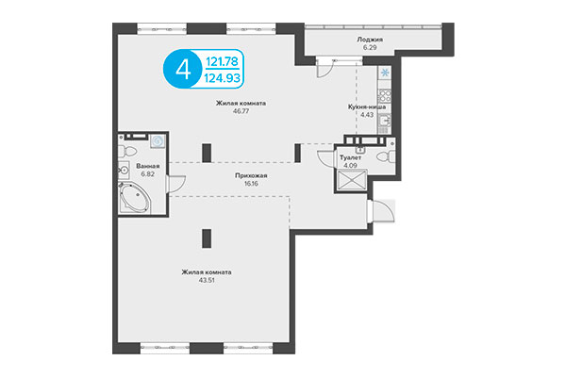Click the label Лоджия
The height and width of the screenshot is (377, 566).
369,40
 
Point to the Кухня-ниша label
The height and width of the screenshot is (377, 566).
367,108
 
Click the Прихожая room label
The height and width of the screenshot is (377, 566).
251,175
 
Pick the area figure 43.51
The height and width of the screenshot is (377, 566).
207,281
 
